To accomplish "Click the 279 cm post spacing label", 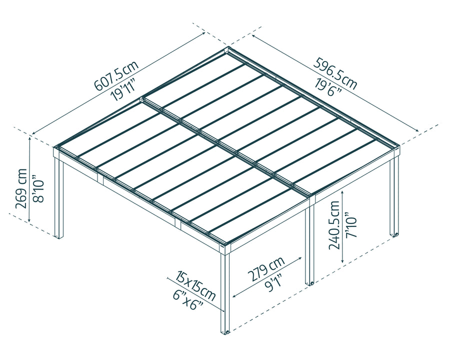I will click(265, 268).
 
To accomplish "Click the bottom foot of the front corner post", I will click(225, 331).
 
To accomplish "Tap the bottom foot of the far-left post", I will click(59, 235).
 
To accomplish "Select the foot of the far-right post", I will click(394, 233).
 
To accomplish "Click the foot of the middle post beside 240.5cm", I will click(310, 283).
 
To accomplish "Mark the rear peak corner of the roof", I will click(229, 49).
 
